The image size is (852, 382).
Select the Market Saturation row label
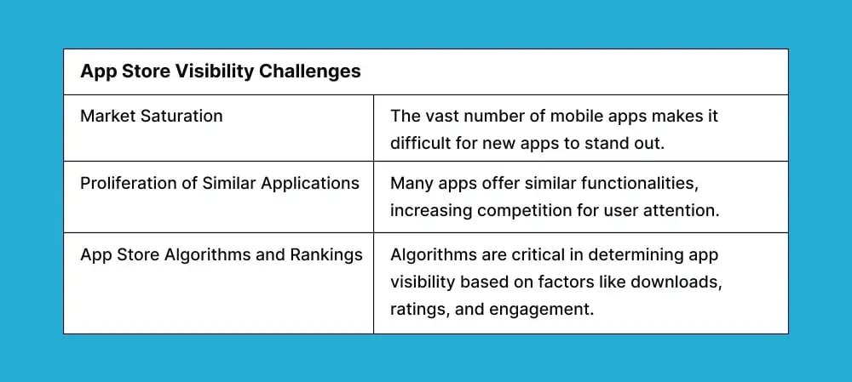pyautogui.click(x=151, y=116)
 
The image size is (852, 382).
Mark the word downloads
pyautogui.click(x=676, y=282)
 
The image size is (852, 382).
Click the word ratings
pyautogui.click(x=418, y=309)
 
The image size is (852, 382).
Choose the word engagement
pyautogui.click(x=540, y=309)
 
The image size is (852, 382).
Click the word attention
pyautogui.click(x=687, y=210)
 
